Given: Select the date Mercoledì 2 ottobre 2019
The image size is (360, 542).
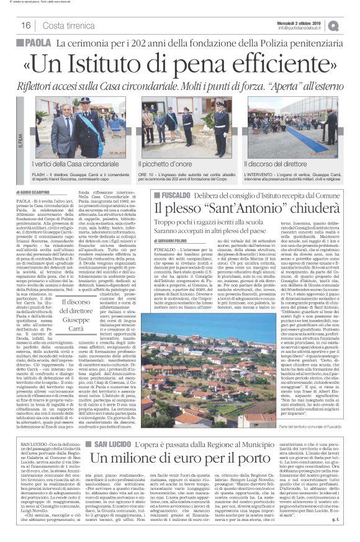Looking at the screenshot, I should pos(304,22).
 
